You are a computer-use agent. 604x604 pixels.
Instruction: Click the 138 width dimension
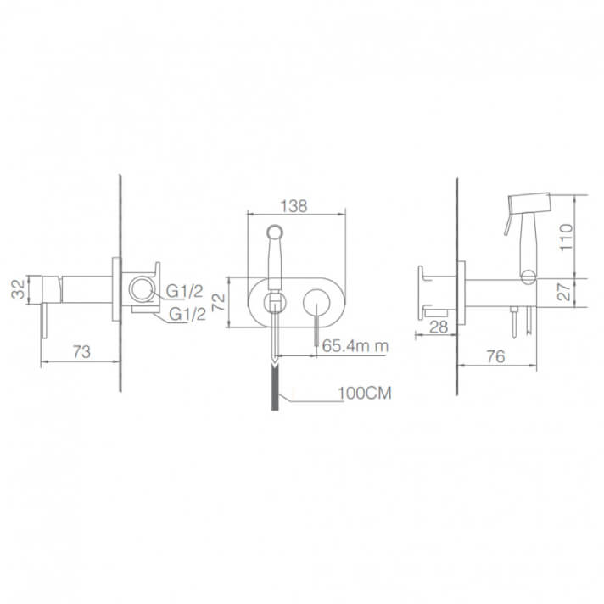(294, 206)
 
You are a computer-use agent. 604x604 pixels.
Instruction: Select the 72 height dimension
(220, 302)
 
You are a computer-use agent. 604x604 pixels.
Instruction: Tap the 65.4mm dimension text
(355, 345)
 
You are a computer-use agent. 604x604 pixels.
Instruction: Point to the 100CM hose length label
(365, 393)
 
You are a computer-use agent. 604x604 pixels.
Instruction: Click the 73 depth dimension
(81, 352)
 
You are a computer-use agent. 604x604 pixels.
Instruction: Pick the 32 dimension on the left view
(18, 289)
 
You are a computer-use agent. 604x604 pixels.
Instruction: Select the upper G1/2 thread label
(184, 291)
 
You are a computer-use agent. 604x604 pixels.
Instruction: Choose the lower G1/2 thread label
(187, 315)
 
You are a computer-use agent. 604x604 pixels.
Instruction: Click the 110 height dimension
(566, 237)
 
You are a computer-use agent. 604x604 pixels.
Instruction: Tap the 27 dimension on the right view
(565, 293)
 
